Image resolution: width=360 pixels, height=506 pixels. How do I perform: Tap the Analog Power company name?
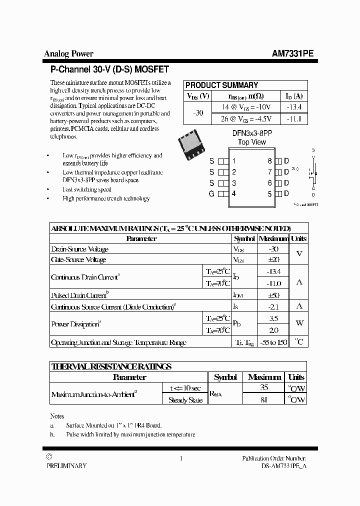point(69,54)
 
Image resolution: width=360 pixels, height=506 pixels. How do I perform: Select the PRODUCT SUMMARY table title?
point(221,85)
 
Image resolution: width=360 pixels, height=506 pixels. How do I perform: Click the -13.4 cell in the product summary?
point(293,107)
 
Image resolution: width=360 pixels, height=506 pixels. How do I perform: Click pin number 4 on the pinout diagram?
point(233,194)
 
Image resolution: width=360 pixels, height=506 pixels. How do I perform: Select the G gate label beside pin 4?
point(211,194)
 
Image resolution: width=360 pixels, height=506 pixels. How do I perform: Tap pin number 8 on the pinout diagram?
point(269,161)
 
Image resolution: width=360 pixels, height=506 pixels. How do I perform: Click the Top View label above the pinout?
point(252,142)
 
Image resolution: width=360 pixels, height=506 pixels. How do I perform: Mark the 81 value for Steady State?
point(264,399)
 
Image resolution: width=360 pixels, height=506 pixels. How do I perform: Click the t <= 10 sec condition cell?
point(185,388)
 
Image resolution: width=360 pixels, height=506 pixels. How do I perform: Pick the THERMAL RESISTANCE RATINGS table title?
point(111,366)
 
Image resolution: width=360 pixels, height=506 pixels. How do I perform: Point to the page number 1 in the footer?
point(180,458)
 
